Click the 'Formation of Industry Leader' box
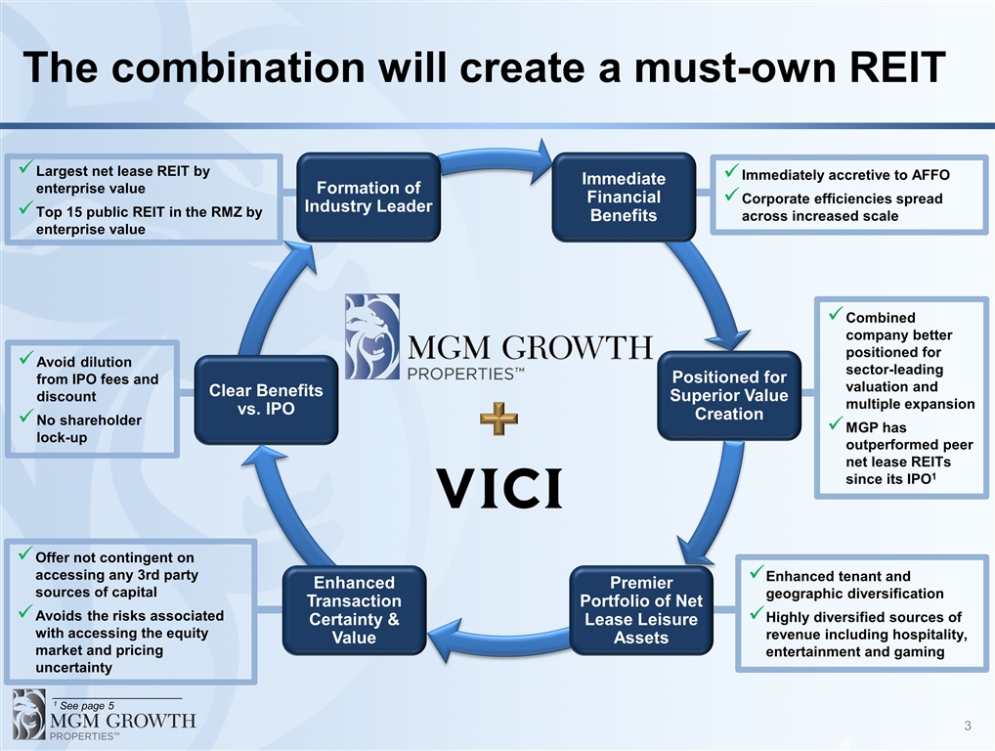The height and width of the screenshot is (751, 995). pyautogui.click(x=368, y=197)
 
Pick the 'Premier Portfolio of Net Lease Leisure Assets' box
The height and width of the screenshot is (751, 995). pyautogui.click(x=640, y=610)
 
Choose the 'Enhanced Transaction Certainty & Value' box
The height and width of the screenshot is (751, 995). pyautogui.click(x=354, y=610)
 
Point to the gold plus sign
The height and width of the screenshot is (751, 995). pyautogui.click(x=498, y=419)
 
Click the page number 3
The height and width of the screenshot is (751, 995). pyautogui.click(x=968, y=726)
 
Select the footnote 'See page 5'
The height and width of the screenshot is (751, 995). pyautogui.click(x=87, y=705)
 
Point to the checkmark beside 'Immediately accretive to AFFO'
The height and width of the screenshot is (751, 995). pyautogui.click(x=730, y=173)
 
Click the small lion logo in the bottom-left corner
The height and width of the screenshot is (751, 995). pyautogui.click(x=27, y=713)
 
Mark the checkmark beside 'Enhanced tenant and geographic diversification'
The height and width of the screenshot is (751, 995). pyautogui.click(x=755, y=574)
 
